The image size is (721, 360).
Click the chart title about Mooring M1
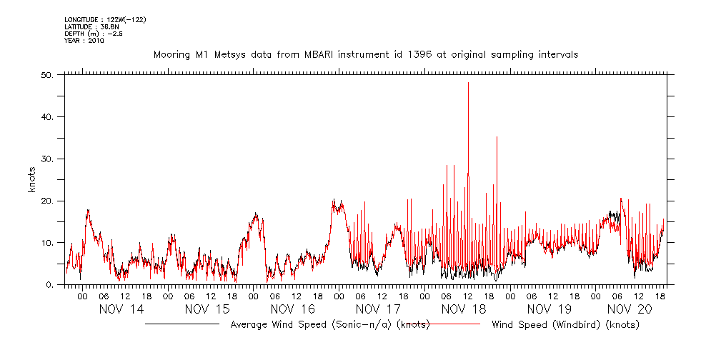[366, 54]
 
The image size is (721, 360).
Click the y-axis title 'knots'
[32, 180]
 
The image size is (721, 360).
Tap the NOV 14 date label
[121, 309]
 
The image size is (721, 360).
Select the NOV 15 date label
[207, 309]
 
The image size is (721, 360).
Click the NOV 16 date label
[293, 309]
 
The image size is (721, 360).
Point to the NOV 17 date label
[379, 309]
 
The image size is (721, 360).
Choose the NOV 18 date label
[464, 309]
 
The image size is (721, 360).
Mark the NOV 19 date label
[550, 309]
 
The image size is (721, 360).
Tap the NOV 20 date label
[629, 309]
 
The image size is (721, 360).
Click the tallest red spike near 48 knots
[468, 84]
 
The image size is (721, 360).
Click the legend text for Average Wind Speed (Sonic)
[329, 325]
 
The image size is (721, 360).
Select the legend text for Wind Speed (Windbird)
[565, 325]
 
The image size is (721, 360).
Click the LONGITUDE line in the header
[106, 19]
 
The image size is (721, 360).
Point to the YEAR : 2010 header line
[84, 41]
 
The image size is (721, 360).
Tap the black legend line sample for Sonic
[182, 324]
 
